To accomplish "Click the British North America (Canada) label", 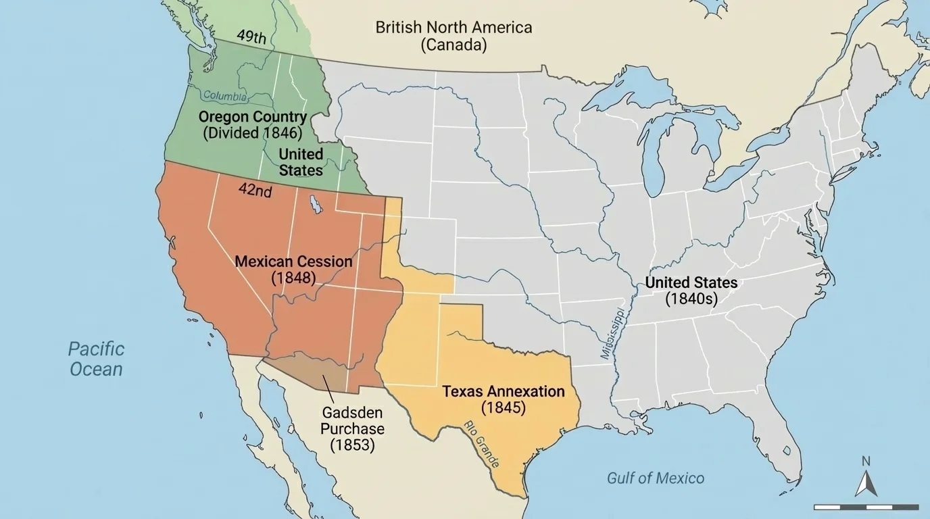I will (454, 36).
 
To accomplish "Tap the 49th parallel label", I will (251, 36).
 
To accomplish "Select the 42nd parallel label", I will (255, 191).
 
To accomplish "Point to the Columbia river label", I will (224, 96).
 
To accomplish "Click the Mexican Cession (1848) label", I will (293, 269).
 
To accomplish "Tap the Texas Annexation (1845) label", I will (503, 399).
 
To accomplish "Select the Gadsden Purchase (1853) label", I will (352, 428).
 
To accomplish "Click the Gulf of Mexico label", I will (655, 478).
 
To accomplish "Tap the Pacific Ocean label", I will (97, 359).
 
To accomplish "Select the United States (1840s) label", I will (691, 291).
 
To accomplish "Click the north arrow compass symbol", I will (866, 483).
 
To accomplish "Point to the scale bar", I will (866, 507).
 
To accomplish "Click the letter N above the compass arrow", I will (866, 461).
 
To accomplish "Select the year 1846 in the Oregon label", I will (284, 133).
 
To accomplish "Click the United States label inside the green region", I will (301, 162).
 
